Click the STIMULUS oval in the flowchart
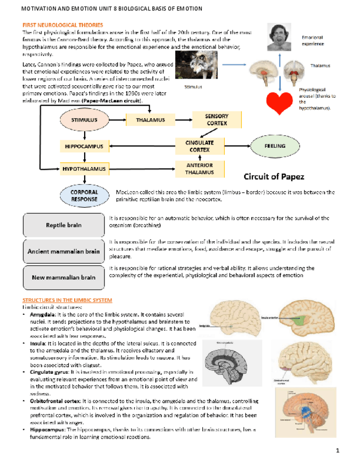click(x=85, y=119)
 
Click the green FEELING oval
click(x=275, y=146)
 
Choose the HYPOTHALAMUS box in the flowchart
click(x=84, y=167)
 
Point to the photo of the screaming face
click(x=279, y=37)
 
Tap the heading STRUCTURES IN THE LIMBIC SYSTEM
click(x=67, y=301)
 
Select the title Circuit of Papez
click(x=274, y=176)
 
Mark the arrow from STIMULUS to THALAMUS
click(x=117, y=119)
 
